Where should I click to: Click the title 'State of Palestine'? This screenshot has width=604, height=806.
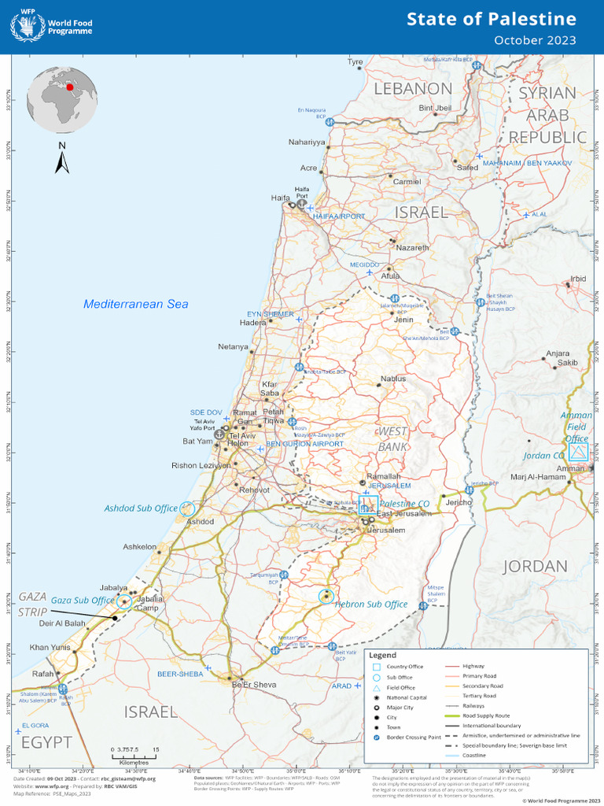pyautogui.click(x=491, y=19)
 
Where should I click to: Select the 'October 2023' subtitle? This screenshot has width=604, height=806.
pyautogui.click(x=534, y=40)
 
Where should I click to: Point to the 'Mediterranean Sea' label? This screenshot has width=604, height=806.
pyautogui.click(x=136, y=304)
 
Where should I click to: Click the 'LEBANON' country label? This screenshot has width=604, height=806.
pyautogui.click(x=412, y=88)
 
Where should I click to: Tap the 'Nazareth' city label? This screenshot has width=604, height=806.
pyautogui.click(x=413, y=247)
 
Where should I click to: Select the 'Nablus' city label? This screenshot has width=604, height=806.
pyautogui.click(x=393, y=379)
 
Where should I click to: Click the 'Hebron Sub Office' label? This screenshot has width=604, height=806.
pyautogui.click(x=371, y=604)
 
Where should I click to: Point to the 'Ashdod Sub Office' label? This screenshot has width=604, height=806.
pyautogui.click(x=141, y=508)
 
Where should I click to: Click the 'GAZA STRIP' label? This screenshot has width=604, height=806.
pyautogui.click(x=33, y=604)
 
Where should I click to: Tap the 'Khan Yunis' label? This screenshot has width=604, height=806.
pyautogui.click(x=50, y=647)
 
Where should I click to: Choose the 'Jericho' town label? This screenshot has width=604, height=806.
pyautogui.click(x=459, y=502)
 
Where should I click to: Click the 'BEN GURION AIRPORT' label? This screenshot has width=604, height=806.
pyautogui.click(x=304, y=444)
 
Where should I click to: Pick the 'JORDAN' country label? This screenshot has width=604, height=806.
pyautogui.click(x=535, y=566)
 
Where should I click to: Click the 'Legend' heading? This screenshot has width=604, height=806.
pyautogui.click(x=383, y=655)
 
